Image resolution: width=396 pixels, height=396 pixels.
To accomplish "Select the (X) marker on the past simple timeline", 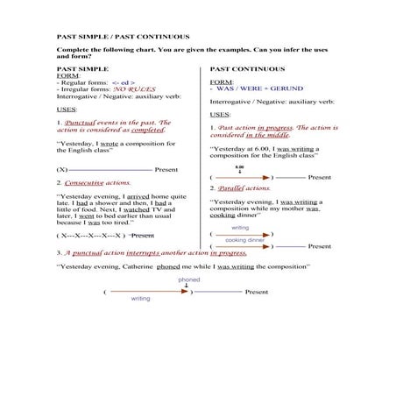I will [61, 169].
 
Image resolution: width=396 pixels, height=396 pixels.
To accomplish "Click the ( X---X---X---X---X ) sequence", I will [88, 236].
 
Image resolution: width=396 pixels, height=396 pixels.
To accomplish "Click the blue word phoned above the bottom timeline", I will [189, 279].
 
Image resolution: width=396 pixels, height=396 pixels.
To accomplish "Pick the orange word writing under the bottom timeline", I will [140, 299].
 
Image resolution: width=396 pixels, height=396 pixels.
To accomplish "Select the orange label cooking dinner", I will [244, 239].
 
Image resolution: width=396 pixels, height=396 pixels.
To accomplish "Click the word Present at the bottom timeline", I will [257, 291].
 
